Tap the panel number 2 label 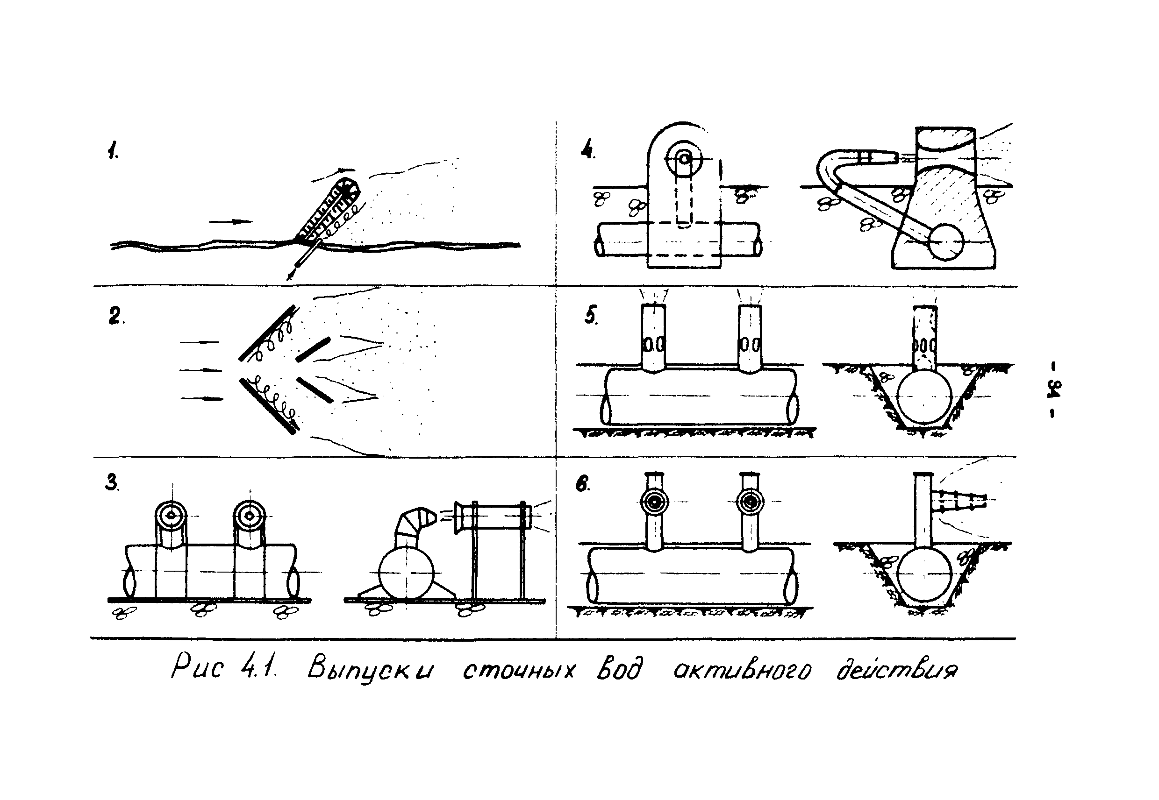point(116,316)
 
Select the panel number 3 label point(112,482)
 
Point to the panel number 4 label point(588,149)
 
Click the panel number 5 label point(591,315)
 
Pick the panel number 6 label point(583,483)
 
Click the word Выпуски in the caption point(371,670)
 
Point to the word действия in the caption point(897,669)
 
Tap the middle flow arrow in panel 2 point(200,370)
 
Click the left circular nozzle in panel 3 point(171,515)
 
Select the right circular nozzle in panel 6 point(751,501)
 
